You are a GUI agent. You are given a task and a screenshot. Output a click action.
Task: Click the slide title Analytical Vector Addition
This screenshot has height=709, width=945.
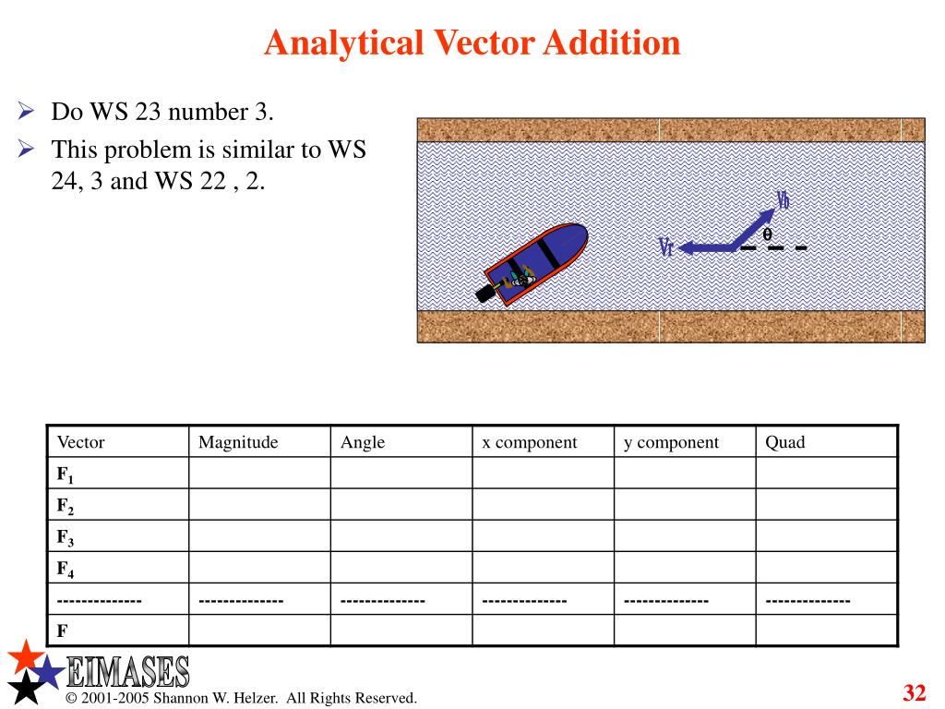(472, 42)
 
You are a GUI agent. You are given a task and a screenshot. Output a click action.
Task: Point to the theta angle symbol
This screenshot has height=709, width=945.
(766, 234)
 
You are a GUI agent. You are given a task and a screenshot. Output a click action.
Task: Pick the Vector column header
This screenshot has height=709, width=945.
(81, 442)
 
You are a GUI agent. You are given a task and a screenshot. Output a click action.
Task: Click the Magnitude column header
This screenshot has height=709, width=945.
(238, 442)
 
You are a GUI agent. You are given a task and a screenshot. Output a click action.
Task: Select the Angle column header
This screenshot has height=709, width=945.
(363, 442)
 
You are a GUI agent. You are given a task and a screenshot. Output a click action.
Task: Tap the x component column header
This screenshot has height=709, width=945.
(530, 442)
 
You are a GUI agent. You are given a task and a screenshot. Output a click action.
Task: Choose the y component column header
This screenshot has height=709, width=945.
(671, 442)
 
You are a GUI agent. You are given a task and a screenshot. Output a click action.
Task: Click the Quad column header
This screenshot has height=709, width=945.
(785, 442)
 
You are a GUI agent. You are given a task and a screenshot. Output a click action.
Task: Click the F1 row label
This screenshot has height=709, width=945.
(65, 475)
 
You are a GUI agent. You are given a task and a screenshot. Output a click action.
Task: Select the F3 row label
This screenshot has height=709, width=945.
(65, 537)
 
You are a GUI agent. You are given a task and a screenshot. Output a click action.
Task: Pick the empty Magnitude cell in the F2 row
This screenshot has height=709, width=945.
(259, 505)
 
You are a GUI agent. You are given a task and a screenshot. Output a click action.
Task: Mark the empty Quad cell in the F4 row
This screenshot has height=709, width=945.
(827, 568)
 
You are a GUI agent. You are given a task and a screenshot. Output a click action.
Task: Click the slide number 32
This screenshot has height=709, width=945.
(914, 693)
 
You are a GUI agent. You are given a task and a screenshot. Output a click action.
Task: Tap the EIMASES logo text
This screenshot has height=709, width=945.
(129, 671)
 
